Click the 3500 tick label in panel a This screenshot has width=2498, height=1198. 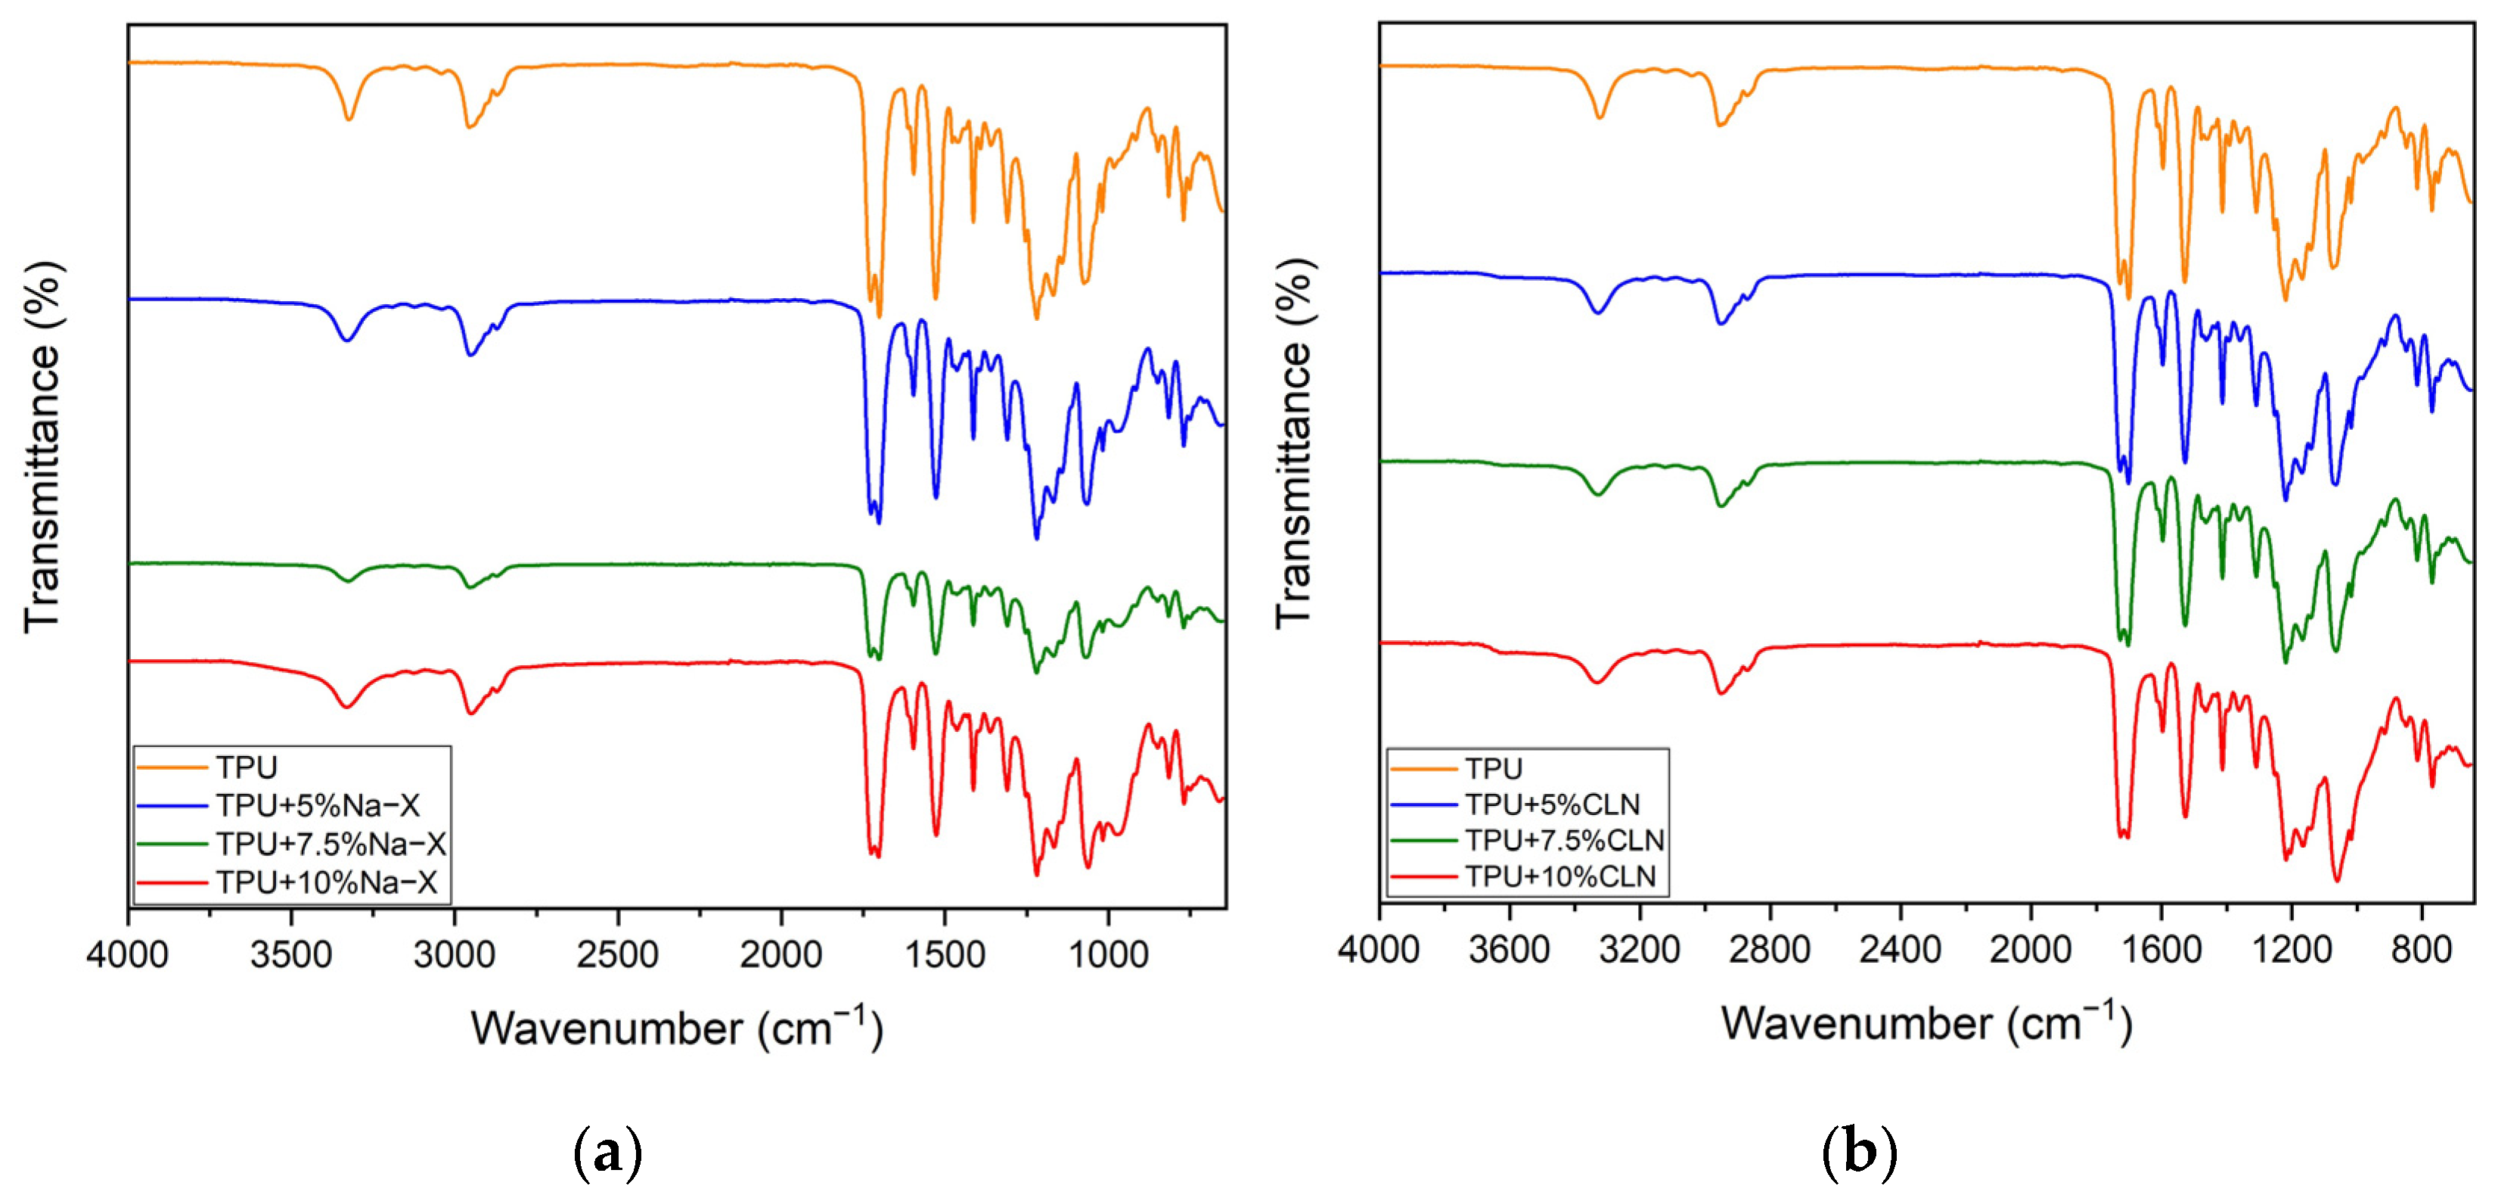291,954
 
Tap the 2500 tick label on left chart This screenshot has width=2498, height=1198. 618,954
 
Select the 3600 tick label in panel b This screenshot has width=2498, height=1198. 1509,949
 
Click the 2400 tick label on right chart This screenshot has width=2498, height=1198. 1900,949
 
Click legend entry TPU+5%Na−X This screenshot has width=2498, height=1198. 317,805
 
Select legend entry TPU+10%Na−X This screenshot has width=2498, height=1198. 327,882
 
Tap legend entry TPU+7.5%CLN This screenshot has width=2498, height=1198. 1564,840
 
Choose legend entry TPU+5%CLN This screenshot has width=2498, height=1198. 1552,804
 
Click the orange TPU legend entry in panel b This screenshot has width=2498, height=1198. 1494,768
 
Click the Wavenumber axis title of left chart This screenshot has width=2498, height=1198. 677,1028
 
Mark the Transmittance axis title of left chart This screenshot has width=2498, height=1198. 42,447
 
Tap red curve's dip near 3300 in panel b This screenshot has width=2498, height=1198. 1597,683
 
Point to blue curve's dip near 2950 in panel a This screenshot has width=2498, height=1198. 470,355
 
